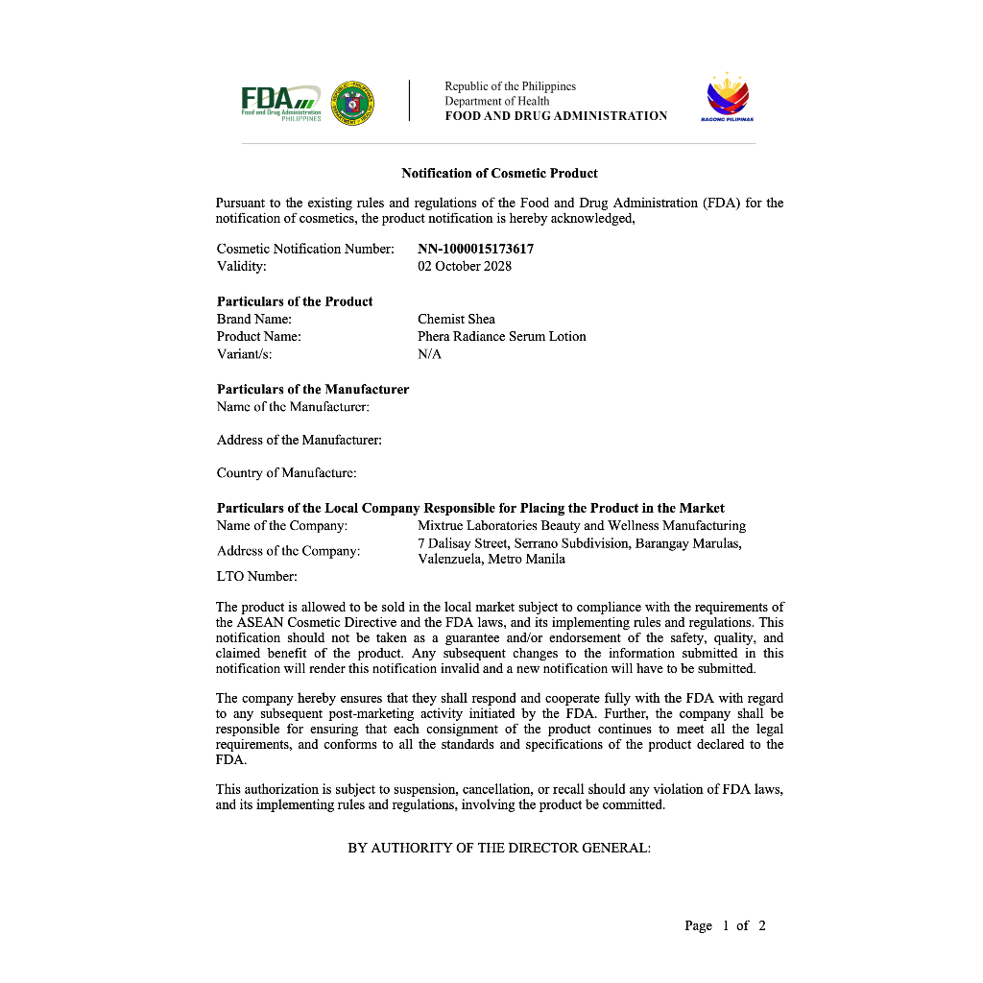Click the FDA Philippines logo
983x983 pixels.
click(280, 101)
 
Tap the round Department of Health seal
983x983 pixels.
click(352, 102)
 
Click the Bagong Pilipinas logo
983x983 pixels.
click(727, 99)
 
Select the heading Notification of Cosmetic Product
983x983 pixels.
click(499, 174)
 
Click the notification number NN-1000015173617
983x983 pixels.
click(475, 249)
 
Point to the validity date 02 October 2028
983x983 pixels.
click(465, 266)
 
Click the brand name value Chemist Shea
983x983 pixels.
click(456, 319)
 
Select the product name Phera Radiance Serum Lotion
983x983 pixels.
click(501, 336)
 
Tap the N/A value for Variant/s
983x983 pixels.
click(429, 354)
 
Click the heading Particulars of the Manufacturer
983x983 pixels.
click(313, 390)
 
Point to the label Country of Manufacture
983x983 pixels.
click(286, 472)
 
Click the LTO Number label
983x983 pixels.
click(256, 576)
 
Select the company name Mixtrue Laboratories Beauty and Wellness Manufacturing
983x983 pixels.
click(581, 525)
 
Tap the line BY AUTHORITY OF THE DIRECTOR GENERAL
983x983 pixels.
click(499, 849)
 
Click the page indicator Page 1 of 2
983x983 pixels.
click(725, 925)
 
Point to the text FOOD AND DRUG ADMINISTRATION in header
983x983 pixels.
click(556, 116)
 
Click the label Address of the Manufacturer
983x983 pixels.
click(299, 440)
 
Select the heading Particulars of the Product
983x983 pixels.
click(295, 301)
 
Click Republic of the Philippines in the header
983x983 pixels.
click(510, 86)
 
